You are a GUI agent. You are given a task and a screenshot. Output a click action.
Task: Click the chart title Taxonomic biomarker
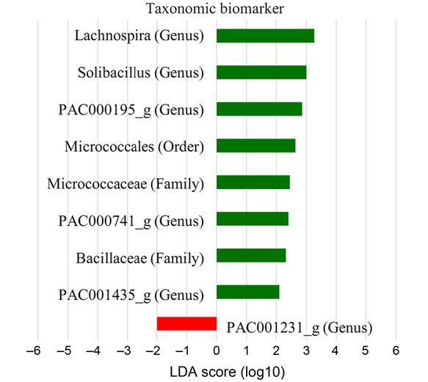pos(214,9)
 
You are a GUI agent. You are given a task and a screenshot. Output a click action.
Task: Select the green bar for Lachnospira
pos(265,36)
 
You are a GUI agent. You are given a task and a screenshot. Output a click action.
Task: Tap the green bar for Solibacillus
pos(261,73)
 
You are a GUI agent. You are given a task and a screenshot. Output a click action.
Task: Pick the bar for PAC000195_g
pos(259,109)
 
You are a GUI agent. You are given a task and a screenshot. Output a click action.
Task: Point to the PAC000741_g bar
pos(253,218)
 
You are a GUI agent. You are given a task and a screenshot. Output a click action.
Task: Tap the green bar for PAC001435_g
pos(248,293)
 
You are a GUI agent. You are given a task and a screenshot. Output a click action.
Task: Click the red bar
pos(186,324)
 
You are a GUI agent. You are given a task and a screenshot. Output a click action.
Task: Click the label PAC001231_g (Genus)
pos(299,328)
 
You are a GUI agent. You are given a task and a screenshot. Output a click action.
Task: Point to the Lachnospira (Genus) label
pos(139,35)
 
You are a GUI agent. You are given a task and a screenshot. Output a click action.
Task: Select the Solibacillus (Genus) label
pos(140,73)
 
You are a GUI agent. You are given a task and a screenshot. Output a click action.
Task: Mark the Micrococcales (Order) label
pos(134,147)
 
